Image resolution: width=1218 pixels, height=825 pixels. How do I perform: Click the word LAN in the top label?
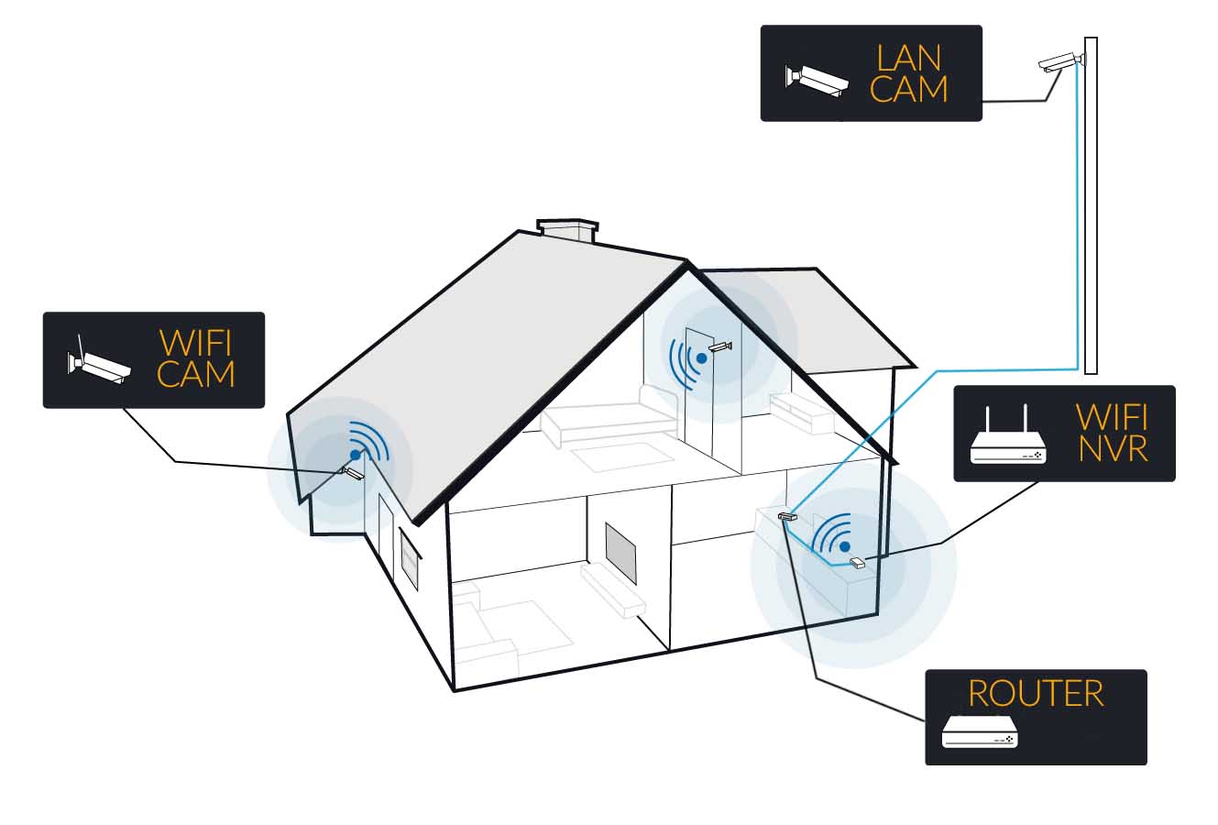pyautogui.click(x=908, y=58)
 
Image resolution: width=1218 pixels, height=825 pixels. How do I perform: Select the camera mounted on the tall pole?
pyautogui.click(x=1059, y=63)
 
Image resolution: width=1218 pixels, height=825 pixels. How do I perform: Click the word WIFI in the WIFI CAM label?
pyautogui.click(x=195, y=343)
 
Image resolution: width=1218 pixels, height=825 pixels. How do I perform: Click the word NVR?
pyautogui.click(x=1114, y=448)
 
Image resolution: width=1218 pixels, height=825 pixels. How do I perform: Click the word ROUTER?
pyautogui.click(x=1036, y=694)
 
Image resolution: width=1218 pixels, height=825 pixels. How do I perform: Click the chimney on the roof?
pyautogui.click(x=567, y=228)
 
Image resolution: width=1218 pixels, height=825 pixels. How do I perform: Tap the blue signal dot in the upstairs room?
pyautogui.click(x=701, y=358)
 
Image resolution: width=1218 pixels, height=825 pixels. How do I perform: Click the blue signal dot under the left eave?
pyautogui.click(x=355, y=454)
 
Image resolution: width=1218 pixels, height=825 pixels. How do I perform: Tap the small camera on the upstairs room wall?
pyautogui.click(x=720, y=346)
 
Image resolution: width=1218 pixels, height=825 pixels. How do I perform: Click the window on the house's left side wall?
pyautogui.click(x=410, y=558)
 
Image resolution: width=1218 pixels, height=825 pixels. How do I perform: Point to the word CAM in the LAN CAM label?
pyautogui.click(x=908, y=90)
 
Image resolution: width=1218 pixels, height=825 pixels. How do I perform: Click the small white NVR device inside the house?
pyautogui.click(x=857, y=563)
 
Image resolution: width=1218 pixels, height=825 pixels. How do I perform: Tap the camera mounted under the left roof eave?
pyautogui.click(x=353, y=473)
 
